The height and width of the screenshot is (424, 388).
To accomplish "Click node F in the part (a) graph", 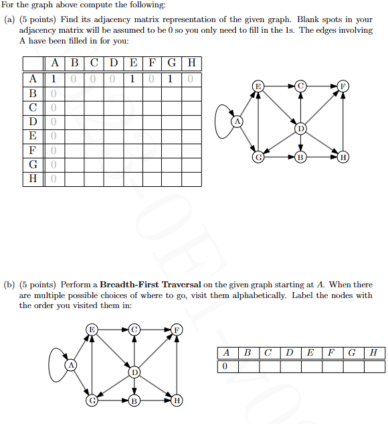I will tap(343, 86).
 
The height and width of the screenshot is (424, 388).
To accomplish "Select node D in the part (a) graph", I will tap(301, 128).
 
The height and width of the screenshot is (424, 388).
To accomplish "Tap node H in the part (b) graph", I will tap(177, 401).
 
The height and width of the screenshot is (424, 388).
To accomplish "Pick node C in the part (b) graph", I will tap(135, 329).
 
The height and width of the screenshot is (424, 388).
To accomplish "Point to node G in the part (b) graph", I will tap(93, 401).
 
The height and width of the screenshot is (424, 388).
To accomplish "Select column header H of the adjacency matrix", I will tap(192, 64).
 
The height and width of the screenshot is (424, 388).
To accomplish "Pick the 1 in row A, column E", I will tap(132, 79).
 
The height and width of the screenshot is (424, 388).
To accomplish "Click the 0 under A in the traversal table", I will tap(226, 366).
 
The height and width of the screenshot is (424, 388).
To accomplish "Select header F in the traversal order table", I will tap(330, 353).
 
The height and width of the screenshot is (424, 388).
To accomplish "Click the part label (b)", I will tap(9, 285).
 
